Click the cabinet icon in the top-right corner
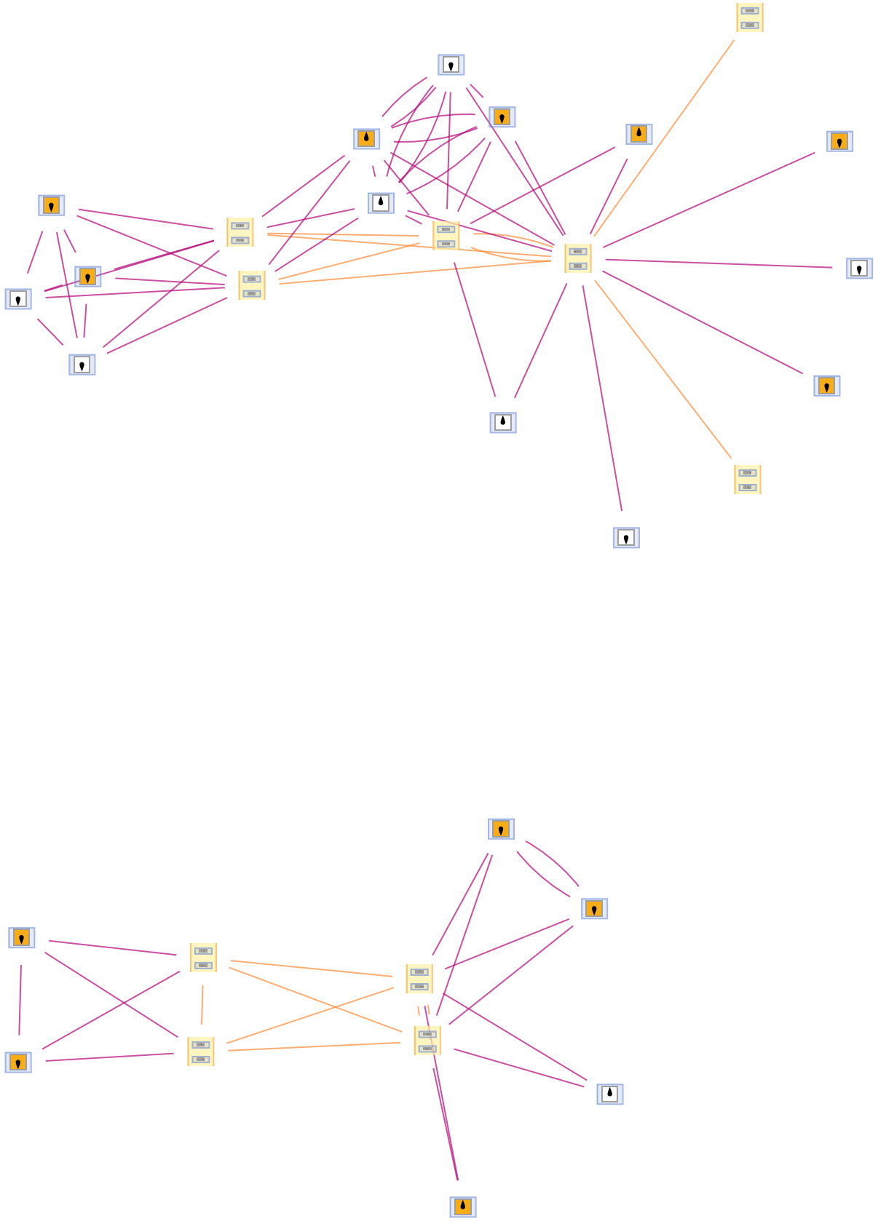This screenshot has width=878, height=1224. coord(749,17)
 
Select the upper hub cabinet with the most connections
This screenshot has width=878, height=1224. coord(577,258)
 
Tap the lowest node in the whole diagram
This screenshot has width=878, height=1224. coord(462,1207)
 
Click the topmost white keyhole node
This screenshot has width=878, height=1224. coord(451,65)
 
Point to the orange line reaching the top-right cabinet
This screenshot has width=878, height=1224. coord(664,138)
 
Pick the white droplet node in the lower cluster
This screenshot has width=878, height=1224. coord(609,1094)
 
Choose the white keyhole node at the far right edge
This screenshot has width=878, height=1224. coord(859,269)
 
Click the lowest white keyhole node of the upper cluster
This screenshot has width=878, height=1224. coord(626,538)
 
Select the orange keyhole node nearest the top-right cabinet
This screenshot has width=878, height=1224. coord(839,141)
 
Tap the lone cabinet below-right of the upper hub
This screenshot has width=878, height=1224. coord(747,480)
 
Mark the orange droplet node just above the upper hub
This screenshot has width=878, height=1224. coord(638,135)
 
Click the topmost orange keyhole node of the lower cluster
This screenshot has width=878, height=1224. coord(501,829)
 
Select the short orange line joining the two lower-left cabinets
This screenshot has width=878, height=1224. coord(202,1005)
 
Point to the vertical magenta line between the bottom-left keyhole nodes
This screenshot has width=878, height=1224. coord(20,1000)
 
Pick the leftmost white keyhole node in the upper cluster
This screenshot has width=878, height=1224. coord(18,299)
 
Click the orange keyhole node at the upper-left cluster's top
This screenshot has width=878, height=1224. coord(51,205)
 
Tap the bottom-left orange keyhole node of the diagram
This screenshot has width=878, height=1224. coord(18,1062)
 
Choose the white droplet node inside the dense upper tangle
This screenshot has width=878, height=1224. coord(381,203)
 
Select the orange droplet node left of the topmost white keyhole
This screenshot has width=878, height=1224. coord(366,139)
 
